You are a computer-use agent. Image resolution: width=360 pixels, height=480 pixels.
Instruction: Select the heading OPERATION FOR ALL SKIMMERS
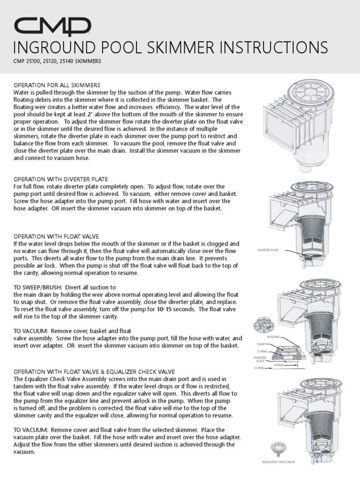click(x=57, y=85)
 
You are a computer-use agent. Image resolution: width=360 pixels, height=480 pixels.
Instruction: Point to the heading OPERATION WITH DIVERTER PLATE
click(x=61, y=179)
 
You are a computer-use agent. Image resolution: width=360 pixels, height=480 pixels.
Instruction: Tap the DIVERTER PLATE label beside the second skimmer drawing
click(x=268, y=250)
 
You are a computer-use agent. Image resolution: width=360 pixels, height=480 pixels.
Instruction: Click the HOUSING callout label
click(x=273, y=337)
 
